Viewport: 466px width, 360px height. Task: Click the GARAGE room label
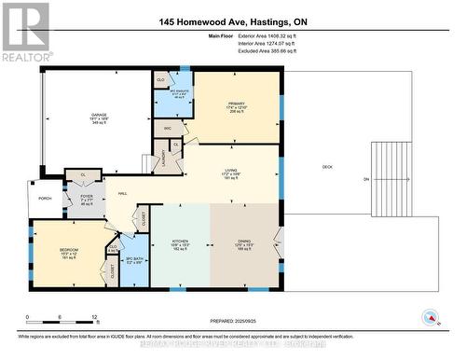coord(98,114)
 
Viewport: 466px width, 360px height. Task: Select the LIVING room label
coord(231,171)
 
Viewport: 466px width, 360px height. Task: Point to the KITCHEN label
coord(181,241)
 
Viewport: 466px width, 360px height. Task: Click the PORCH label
coord(45,199)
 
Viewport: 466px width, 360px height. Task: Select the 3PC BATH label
coord(133,259)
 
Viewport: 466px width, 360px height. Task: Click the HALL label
coord(122,193)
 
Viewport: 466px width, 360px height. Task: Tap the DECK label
coord(327,167)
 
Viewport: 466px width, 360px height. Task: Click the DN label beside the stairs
coord(366,180)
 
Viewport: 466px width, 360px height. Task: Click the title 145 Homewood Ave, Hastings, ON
coord(234,21)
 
